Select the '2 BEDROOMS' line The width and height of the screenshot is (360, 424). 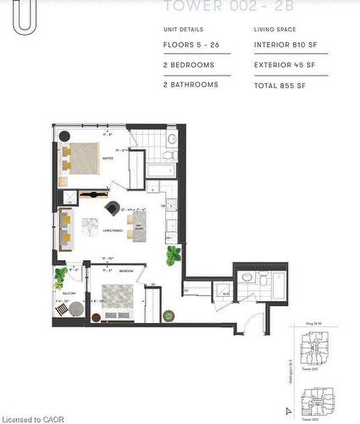point(188,64)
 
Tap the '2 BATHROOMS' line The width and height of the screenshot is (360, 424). point(191,85)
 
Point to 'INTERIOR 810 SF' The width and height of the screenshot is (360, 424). point(284,45)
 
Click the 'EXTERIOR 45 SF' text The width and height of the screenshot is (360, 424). point(285,64)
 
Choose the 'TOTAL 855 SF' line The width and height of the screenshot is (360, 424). point(279,85)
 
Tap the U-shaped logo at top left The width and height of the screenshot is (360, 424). point(23,17)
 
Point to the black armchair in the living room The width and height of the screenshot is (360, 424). point(113,209)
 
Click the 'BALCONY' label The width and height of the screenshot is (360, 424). point(69,293)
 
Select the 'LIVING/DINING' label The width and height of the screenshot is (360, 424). point(114,229)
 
